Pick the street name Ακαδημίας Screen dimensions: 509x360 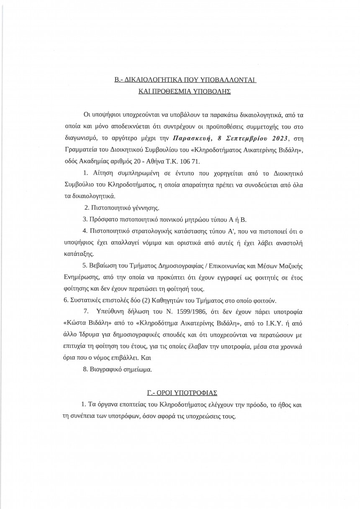(101, 161)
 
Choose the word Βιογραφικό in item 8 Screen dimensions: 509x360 (103, 370)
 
